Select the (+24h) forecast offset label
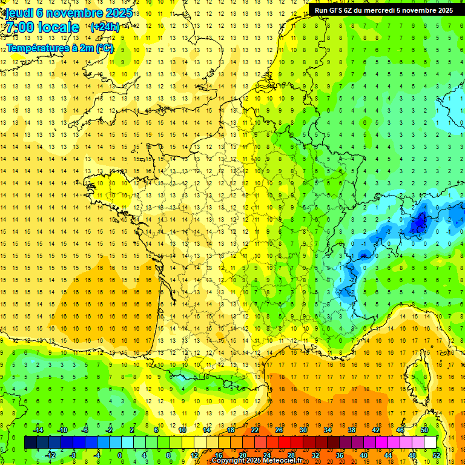(104, 27)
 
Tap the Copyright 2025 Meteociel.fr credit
(257, 461)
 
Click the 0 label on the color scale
(120, 455)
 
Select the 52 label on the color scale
(437, 455)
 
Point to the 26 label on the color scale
(279, 430)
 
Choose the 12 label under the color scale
(194, 455)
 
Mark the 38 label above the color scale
(352, 430)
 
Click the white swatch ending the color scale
(430, 443)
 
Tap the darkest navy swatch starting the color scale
(30, 443)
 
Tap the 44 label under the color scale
(388, 455)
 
